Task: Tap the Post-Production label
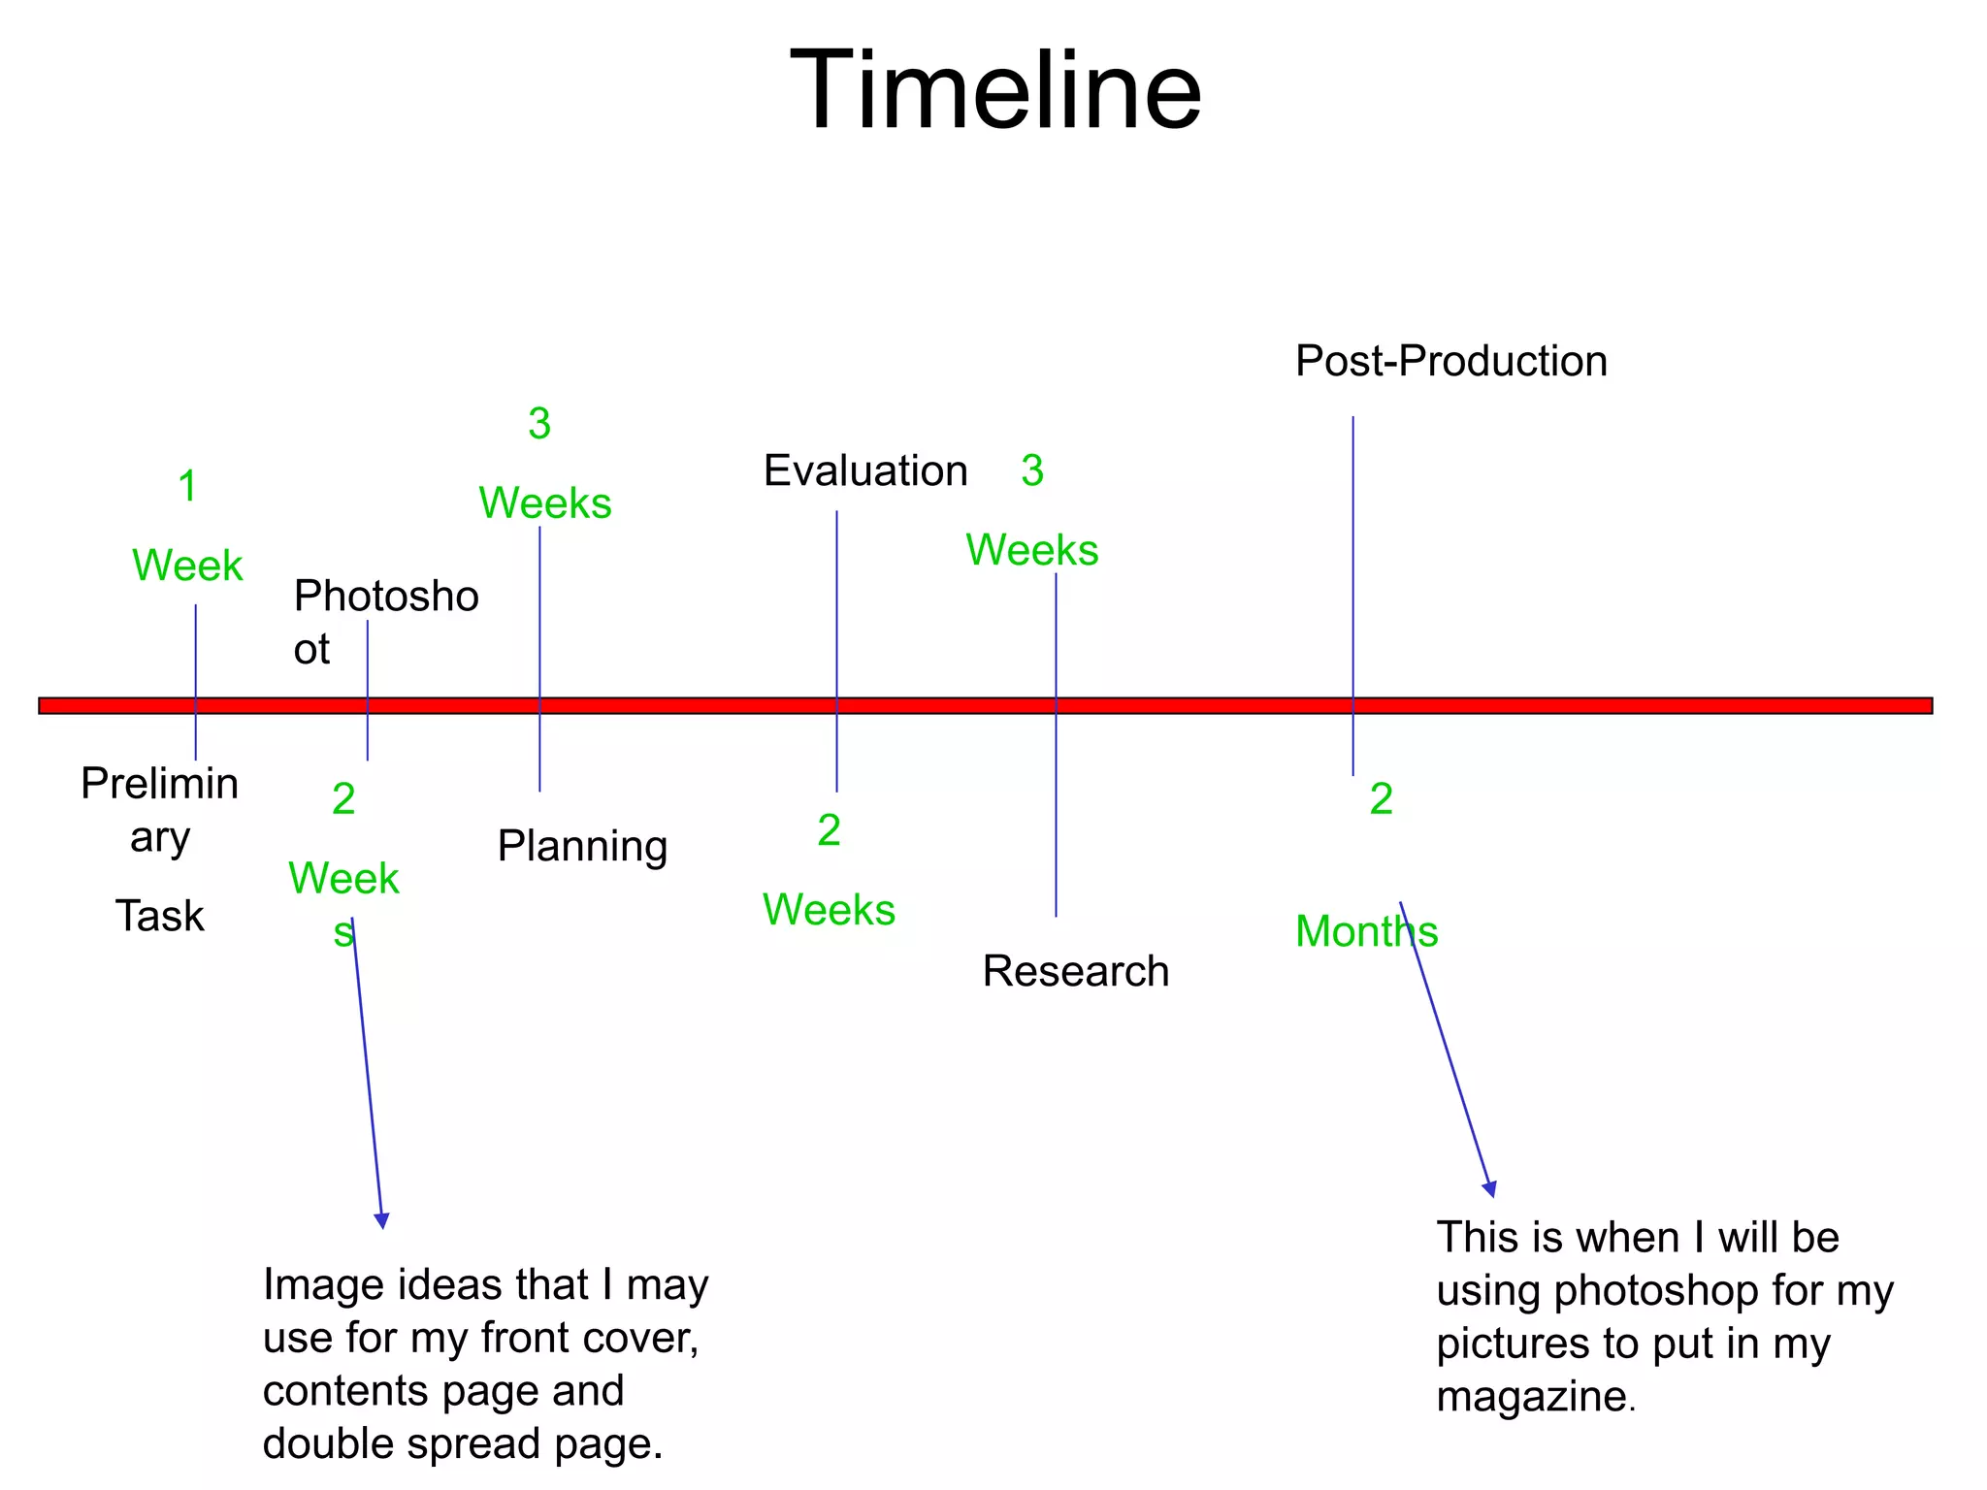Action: pos(1450,361)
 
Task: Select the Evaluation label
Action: pos(865,470)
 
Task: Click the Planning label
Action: pos(582,846)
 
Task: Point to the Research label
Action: pos(1075,971)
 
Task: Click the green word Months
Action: pos(1366,931)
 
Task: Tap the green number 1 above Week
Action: pos(188,486)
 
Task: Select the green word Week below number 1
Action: pos(187,566)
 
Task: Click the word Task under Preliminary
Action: pos(160,916)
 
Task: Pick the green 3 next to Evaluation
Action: pos(1032,470)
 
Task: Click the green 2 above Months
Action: pos(1381,799)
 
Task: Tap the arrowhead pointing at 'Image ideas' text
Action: pos(381,1220)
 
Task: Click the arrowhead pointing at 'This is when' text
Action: pos(1489,1188)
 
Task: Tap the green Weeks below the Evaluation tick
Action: pos(829,910)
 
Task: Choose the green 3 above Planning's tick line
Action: pos(539,423)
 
